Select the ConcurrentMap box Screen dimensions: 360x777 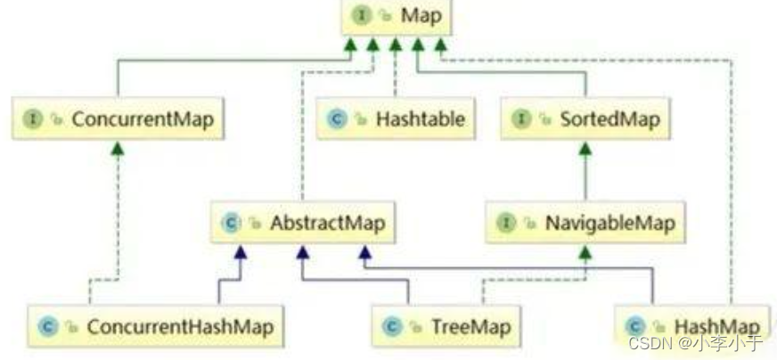point(118,118)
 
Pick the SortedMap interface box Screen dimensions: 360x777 point(585,118)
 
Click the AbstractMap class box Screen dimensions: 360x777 point(303,224)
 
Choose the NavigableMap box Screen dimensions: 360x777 point(585,223)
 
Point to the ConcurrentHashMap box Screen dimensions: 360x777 point(155,327)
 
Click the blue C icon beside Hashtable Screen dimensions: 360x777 point(338,119)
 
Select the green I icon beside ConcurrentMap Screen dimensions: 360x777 point(32,119)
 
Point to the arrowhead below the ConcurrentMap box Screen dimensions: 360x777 point(118,149)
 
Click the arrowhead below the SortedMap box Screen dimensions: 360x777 point(585,149)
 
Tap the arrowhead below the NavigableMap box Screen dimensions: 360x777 point(585,254)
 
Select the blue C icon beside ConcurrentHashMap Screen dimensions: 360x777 point(47,328)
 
